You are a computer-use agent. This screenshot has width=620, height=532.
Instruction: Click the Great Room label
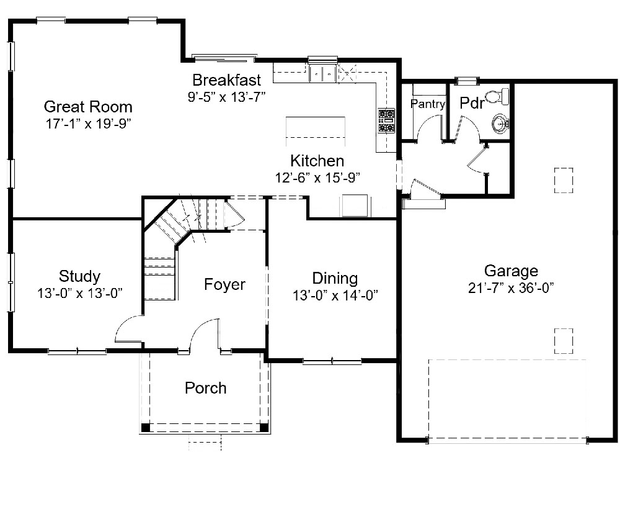pos(88,107)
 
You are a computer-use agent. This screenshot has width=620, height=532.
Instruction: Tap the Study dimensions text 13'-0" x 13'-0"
pos(80,293)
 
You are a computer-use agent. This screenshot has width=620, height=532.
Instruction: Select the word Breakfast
pos(226,80)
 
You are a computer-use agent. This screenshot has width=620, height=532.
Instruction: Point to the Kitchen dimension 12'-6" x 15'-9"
pos(317,178)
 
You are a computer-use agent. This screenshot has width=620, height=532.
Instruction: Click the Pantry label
pos(428,104)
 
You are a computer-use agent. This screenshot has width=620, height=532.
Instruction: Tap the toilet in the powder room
pos(498,97)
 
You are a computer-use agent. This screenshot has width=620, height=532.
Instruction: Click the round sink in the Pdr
pos(501,124)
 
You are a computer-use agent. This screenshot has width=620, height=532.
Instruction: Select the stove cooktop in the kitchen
pos(386,120)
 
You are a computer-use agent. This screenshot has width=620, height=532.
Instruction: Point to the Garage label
pos(511,271)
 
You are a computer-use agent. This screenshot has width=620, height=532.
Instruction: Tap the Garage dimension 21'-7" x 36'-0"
pos(511,288)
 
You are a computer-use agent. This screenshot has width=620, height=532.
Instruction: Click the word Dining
pos(335,278)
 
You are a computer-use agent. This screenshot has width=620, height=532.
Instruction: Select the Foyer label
pos(224,284)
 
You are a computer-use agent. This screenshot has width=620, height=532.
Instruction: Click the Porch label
pos(206,388)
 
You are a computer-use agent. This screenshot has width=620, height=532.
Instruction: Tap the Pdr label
pos(472,103)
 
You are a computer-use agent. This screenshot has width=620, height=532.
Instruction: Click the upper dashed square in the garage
pos(564,181)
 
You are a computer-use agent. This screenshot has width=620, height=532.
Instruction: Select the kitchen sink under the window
pos(322,74)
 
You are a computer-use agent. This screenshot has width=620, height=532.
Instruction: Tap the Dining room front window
pos(332,361)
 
